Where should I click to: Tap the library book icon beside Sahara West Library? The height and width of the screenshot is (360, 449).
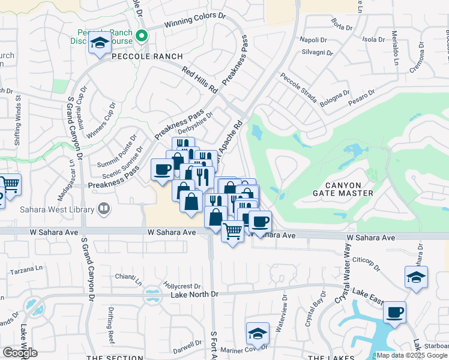pyautogui.click(x=104, y=209)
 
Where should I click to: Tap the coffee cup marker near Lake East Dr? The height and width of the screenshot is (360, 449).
pyautogui.click(x=394, y=312)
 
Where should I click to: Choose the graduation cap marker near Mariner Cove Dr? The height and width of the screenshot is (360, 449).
pyautogui.click(x=258, y=334)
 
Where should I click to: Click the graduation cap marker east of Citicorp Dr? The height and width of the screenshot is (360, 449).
pyautogui.click(x=416, y=277)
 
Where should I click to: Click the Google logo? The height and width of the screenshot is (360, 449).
pyautogui.click(x=20, y=352)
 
